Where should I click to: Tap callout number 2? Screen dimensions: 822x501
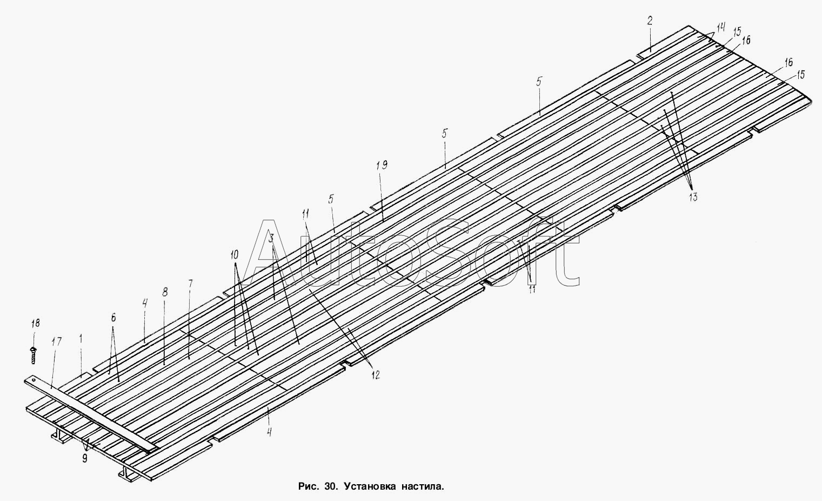click(x=650, y=21)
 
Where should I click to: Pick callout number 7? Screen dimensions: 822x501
click(x=190, y=284)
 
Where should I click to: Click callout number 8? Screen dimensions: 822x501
click(x=165, y=292)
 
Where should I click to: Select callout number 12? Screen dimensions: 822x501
click(x=375, y=374)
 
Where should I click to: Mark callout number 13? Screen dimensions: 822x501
click(x=693, y=197)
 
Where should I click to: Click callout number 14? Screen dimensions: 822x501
click(x=721, y=27)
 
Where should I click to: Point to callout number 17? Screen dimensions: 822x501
click(x=56, y=342)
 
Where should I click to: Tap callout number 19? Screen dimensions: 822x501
click(x=382, y=165)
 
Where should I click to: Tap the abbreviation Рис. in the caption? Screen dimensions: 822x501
click(x=309, y=486)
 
